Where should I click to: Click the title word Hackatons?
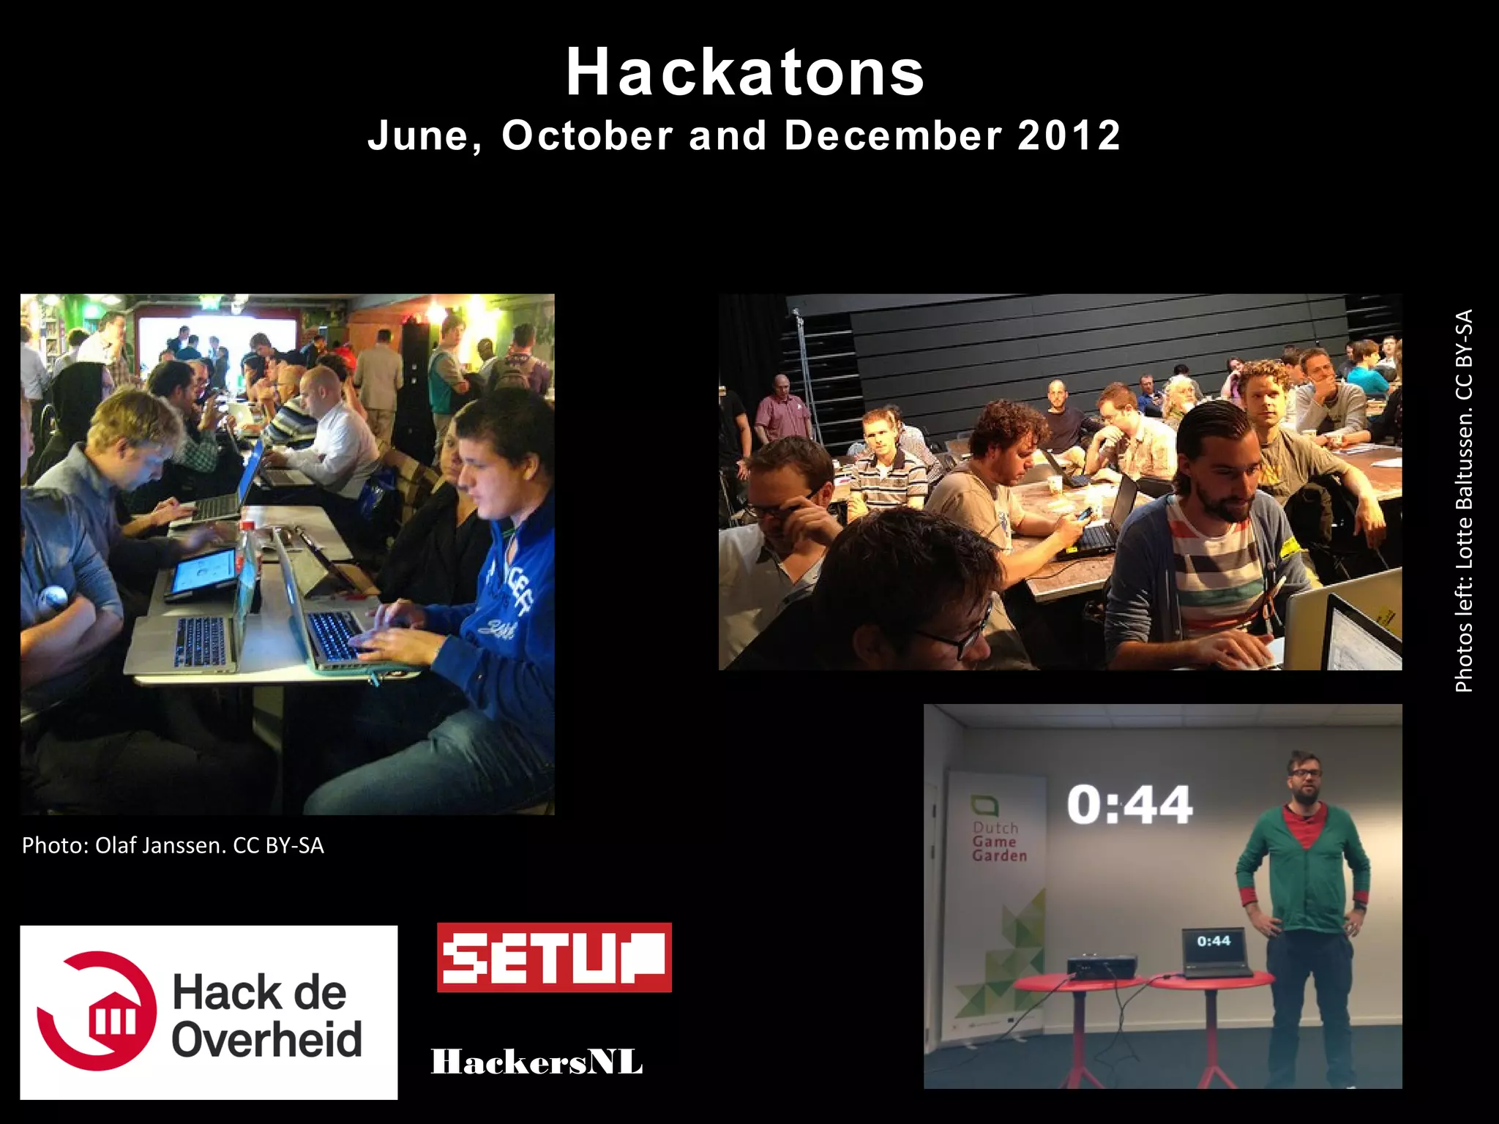point(745,72)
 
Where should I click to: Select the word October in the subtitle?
point(587,136)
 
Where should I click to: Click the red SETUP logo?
point(554,957)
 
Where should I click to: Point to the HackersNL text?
point(537,1062)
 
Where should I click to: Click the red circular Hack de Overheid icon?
point(99,1011)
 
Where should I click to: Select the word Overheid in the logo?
point(267,1039)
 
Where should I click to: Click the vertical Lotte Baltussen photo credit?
point(1463,501)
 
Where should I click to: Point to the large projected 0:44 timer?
point(1129,805)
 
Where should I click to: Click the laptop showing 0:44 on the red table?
point(1215,951)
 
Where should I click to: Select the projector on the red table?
point(1102,966)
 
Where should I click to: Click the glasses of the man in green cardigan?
point(1305,772)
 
